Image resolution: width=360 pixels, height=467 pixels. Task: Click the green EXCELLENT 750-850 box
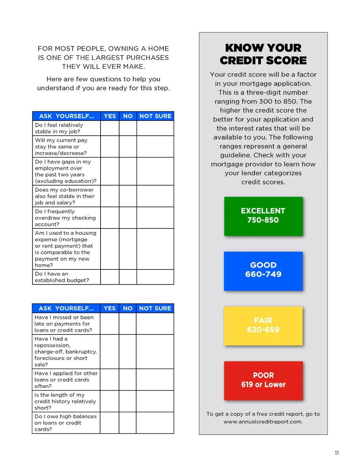click(263, 216)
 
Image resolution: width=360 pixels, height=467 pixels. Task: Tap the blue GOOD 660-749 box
click(263, 271)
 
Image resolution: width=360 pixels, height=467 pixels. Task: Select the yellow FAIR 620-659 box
click(263, 326)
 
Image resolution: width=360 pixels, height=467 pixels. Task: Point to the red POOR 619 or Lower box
click(263, 381)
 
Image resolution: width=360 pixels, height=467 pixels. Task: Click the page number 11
click(337, 453)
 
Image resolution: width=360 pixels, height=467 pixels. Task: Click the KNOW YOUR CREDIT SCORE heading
click(263, 54)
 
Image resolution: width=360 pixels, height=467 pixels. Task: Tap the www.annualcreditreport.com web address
click(263, 422)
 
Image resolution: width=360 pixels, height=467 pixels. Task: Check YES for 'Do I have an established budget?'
click(110, 277)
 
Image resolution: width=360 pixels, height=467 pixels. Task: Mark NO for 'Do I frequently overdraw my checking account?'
click(128, 218)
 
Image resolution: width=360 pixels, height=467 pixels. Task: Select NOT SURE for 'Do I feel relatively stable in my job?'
click(155, 128)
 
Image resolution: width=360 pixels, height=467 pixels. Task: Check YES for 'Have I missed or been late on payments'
click(110, 324)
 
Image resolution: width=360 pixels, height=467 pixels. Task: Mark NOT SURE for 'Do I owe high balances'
click(155, 423)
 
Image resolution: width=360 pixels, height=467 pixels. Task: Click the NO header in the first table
click(128, 116)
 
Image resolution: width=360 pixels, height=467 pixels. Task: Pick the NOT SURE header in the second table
click(155, 308)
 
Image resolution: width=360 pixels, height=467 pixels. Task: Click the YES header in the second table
click(110, 308)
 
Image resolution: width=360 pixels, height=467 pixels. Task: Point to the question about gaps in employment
click(66, 171)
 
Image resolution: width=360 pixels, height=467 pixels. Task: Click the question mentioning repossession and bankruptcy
click(66, 352)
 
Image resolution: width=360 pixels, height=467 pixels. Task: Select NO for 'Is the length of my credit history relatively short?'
click(128, 401)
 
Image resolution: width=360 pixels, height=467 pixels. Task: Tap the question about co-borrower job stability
click(66, 196)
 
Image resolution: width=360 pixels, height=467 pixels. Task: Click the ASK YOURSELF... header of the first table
click(66, 116)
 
